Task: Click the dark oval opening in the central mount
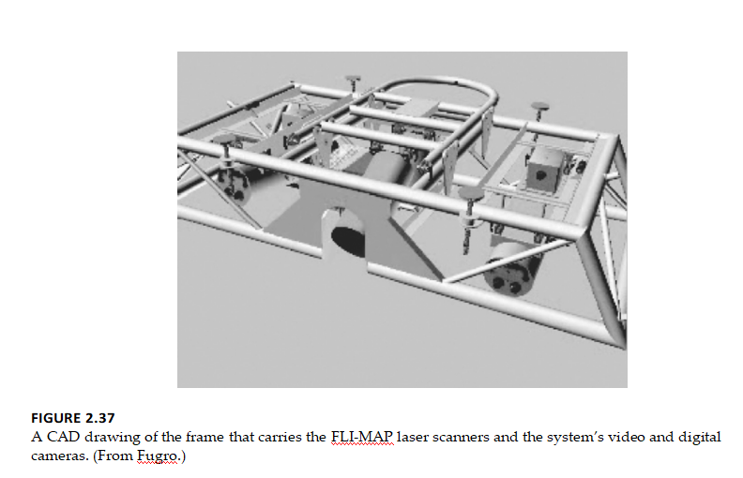click(x=348, y=242)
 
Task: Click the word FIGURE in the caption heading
click(x=56, y=418)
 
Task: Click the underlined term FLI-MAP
click(x=361, y=437)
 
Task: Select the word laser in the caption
click(x=412, y=437)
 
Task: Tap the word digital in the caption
click(x=700, y=438)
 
